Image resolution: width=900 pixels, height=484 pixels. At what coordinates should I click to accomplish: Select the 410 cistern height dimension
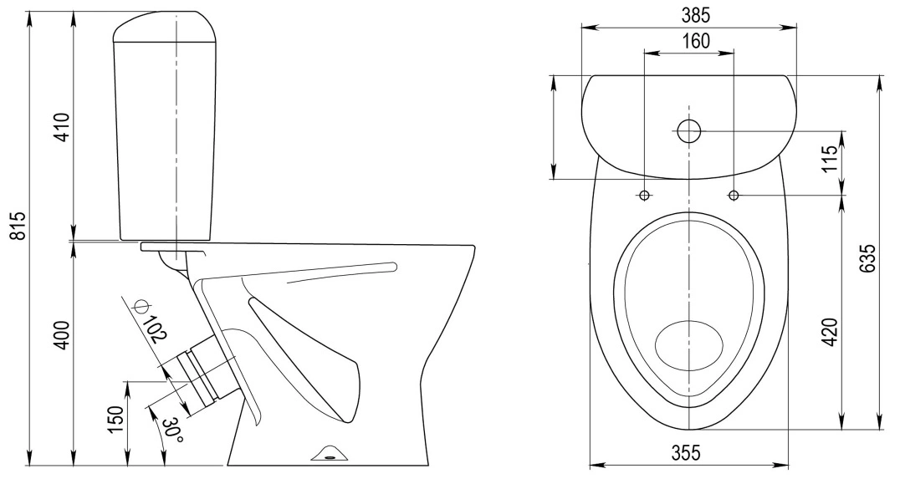point(63,127)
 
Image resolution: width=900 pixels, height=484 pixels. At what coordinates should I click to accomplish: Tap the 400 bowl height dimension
point(62,335)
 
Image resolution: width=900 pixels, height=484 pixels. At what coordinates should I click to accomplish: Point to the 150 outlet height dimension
point(116,419)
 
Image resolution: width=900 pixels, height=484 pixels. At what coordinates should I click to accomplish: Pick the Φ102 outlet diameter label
point(148,320)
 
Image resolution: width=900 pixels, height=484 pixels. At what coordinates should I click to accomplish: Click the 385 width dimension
point(696,16)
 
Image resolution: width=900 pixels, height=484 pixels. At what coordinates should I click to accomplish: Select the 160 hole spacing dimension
point(696,41)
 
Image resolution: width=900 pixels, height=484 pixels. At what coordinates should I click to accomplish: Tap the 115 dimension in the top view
point(830,160)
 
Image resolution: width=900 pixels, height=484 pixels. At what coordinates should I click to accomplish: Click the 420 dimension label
point(830,332)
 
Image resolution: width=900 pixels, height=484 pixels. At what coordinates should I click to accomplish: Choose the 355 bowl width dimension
point(687,453)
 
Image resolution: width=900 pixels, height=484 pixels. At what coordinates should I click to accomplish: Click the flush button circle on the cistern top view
point(688,131)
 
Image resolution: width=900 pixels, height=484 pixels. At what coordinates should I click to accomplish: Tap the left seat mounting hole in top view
point(645,196)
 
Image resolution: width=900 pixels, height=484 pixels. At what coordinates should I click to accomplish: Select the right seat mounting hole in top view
point(734,196)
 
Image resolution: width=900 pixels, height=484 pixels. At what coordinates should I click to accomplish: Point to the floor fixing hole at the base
point(330,457)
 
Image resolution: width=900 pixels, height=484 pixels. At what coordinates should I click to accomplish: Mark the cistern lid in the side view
point(167,27)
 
